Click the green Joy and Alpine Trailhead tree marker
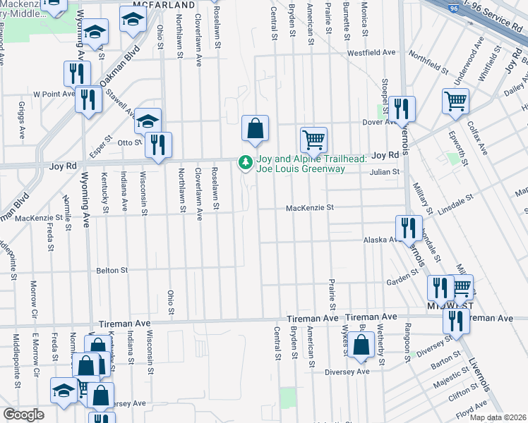246,163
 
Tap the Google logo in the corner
23,415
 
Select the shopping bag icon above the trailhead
256,128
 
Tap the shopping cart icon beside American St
313,139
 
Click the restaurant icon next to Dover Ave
402,109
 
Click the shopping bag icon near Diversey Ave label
361,346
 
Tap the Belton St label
112,270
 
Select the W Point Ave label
54,93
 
